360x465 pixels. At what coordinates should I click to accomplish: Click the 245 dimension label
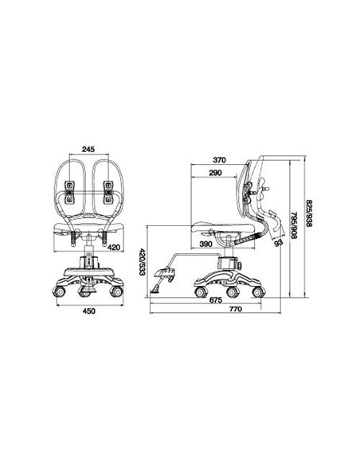click(x=88, y=149)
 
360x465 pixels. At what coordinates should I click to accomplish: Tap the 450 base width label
click(x=89, y=311)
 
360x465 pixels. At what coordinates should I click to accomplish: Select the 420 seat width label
click(x=115, y=247)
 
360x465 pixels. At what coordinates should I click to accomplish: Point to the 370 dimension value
click(x=220, y=160)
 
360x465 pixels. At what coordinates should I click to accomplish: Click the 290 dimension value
click(x=215, y=173)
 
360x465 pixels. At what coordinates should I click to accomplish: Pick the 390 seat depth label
click(x=205, y=244)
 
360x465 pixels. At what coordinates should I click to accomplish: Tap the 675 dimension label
click(x=216, y=300)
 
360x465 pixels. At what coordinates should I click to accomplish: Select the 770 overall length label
click(x=236, y=309)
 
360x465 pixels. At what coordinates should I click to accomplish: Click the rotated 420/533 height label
click(x=142, y=261)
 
